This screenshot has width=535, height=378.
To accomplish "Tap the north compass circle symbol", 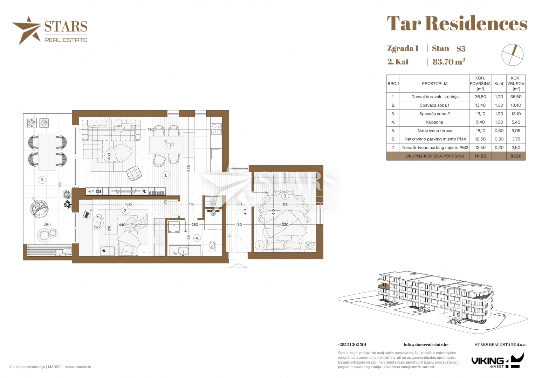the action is [x=513, y=55].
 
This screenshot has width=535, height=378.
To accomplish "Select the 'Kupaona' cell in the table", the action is [x=434, y=122].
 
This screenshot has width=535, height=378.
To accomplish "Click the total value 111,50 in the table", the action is [x=480, y=156].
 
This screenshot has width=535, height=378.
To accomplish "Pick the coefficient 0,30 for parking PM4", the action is [x=499, y=139].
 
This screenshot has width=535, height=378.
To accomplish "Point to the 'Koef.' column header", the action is [x=499, y=84].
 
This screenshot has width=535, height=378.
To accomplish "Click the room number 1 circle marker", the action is [x=166, y=175].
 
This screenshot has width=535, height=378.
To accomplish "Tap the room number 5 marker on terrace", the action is [x=42, y=180].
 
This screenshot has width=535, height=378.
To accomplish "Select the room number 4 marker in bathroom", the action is [x=197, y=238].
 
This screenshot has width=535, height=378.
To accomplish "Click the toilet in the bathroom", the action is [x=212, y=246].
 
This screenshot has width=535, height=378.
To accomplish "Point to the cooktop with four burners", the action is [x=217, y=128].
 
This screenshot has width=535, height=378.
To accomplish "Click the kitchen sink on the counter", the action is [x=216, y=154].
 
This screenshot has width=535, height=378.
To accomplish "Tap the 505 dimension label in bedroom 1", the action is [x=129, y=204].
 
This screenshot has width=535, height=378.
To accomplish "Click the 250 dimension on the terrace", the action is [x=47, y=225].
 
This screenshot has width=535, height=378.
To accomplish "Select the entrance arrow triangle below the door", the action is [x=238, y=266].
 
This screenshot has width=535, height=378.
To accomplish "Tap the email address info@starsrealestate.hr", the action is [x=426, y=345].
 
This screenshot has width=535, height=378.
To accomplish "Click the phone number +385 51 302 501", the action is [x=352, y=345].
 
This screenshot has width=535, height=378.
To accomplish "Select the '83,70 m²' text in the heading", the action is [x=449, y=62].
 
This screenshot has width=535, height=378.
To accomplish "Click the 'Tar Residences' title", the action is [x=457, y=23].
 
